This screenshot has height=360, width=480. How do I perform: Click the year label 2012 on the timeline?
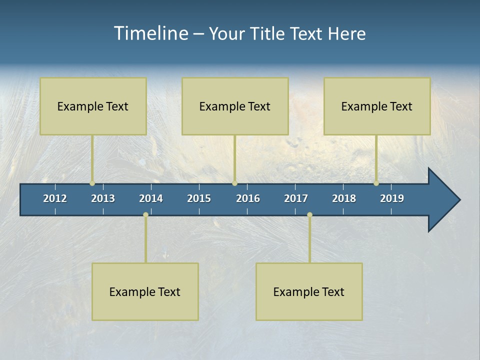pos(55,198)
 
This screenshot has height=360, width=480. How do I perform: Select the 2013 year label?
pos(103,198)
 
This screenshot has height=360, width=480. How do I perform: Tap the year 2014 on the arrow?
pos(151,198)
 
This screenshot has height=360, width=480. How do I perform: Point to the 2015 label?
pos(199,198)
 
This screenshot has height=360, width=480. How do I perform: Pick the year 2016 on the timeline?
pos(248,198)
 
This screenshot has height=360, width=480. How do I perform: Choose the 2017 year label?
pos(296,198)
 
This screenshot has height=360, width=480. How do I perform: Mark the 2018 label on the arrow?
pos(344,198)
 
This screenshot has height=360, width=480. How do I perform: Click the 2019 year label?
pos(392,198)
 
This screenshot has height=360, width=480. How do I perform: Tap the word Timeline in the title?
pos(150,33)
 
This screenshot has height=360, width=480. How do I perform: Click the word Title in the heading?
pos(268,33)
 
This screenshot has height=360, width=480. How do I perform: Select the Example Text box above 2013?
pos(93,106)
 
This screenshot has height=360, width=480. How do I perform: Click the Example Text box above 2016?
pos(235,106)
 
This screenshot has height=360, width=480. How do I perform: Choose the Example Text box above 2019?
pos(377,106)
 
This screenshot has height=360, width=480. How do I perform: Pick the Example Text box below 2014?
pos(145,291)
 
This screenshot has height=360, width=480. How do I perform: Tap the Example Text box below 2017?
pos(309,291)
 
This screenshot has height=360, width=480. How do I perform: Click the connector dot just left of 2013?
pos(92,183)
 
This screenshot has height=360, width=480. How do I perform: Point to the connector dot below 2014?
pos(145,215)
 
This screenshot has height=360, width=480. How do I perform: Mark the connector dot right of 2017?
pos(309,215)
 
